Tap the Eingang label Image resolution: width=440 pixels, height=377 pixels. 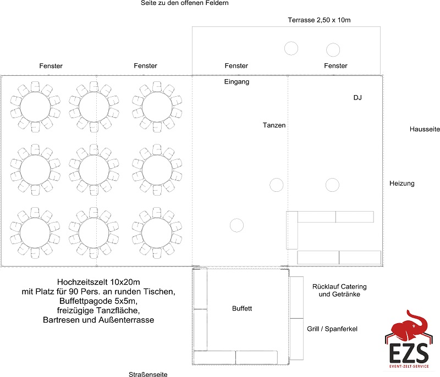(x=237, y=82)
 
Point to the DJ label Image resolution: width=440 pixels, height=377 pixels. (x=357, y=97)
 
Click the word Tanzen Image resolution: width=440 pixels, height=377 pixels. (x=274, y=125)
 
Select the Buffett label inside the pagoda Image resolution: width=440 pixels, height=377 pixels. (x=242, y=308)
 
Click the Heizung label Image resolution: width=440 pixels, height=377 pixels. (x=402, y=184)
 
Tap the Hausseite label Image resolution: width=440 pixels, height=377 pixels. (x=425, y=129)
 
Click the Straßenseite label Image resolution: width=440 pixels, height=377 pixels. (x=148, y=374)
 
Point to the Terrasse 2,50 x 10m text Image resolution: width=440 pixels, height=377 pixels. (x=319, y=20)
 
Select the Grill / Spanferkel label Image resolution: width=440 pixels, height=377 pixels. (x=332, y=329)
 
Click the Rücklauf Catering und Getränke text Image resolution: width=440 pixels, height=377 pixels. (x=339, y=290)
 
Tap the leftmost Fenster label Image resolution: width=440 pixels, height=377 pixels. (x=51, y=66)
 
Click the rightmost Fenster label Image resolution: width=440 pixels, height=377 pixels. (x=335, y=65)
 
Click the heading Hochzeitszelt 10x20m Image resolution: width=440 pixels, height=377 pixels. (x=98, y=282)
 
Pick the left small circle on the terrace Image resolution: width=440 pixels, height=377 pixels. (x=291, y=48)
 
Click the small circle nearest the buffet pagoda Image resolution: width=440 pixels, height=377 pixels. (x=237, y=225)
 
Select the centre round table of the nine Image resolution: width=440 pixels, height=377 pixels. (x=94, y=170)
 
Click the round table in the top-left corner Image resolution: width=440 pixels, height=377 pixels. (x=35, y=107)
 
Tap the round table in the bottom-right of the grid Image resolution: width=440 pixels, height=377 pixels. (x=157, y=233)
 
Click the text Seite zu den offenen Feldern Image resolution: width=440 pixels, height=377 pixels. (x=185, y=3)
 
